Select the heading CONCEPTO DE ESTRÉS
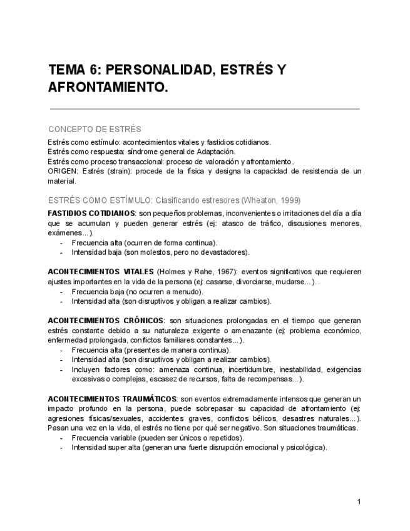pos(95,129)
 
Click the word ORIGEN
pos(63,171)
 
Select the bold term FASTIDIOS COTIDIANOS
pos(91,214)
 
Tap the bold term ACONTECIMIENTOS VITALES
pos(101,272)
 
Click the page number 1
pos(359,502)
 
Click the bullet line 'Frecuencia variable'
pos(156,438)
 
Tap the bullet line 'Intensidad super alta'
pos(199,448)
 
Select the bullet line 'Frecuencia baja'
pos(137,291)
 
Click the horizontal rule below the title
pos(203,110)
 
